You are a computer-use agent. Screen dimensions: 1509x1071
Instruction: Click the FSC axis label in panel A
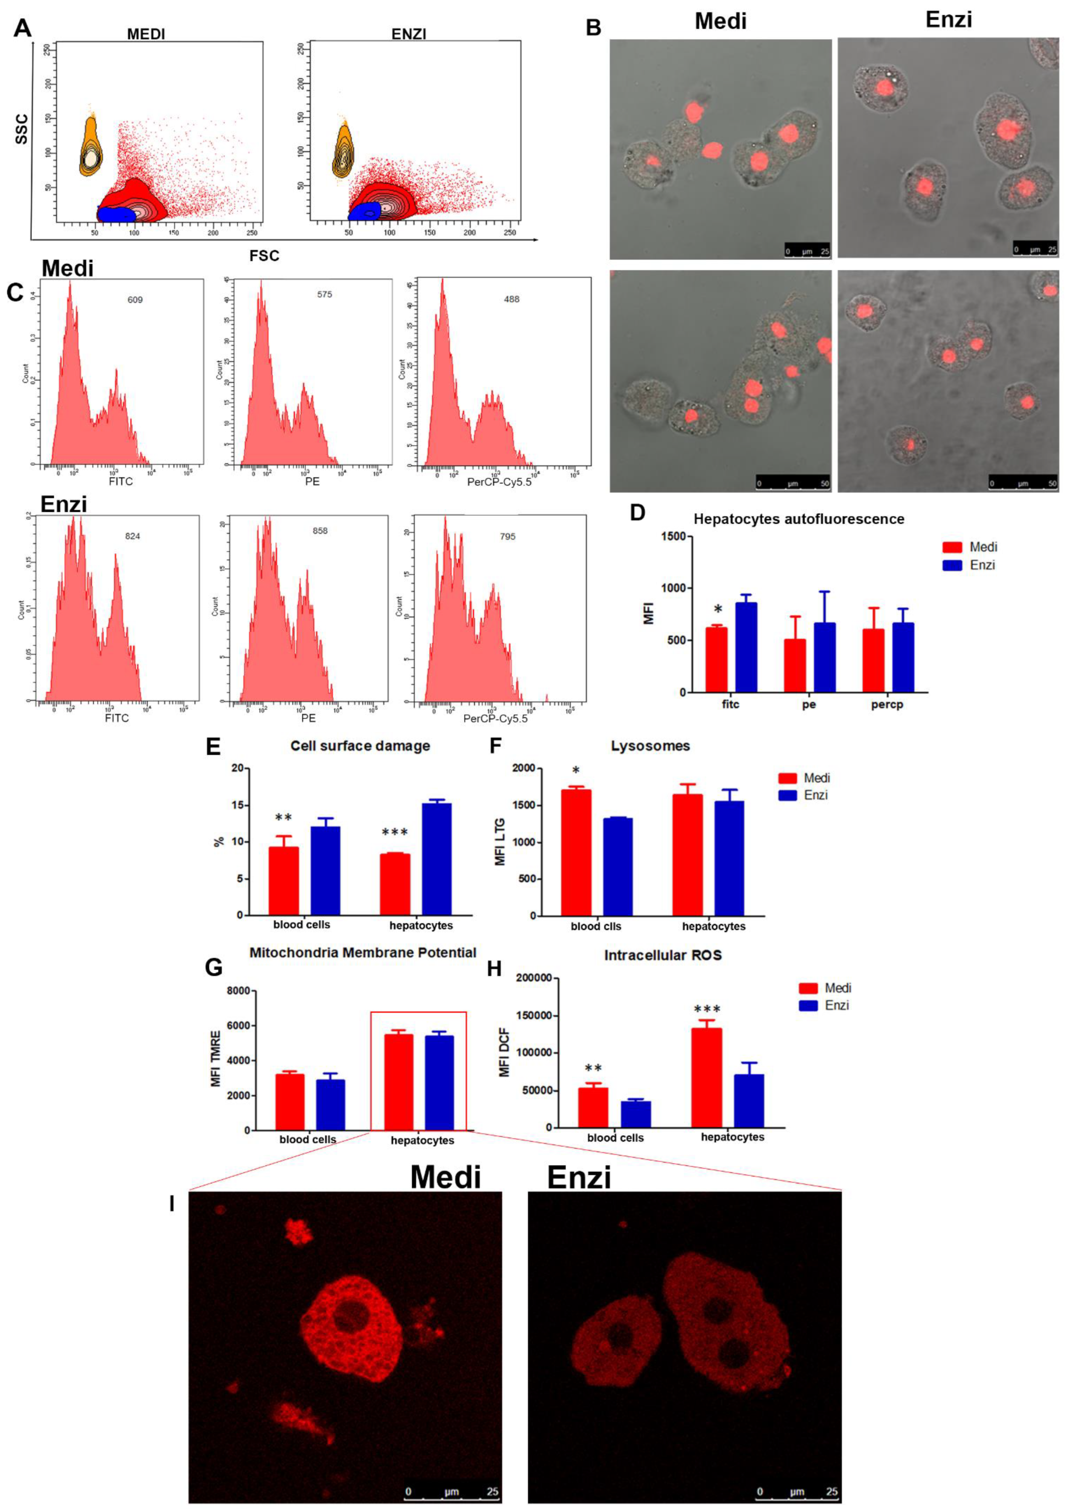264,256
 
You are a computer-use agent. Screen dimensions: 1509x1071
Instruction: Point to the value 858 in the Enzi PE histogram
320,531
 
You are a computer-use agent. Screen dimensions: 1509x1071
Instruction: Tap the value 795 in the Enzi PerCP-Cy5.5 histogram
507,536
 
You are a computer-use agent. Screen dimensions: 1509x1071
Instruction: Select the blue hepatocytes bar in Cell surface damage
437,859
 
